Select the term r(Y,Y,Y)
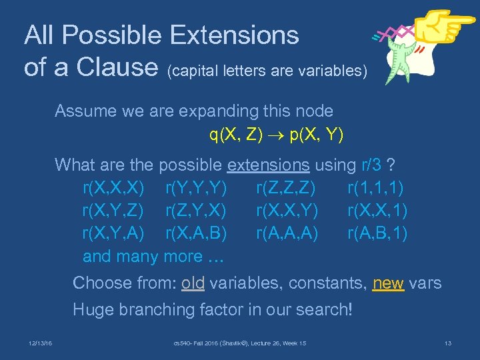click(x=196, y=188)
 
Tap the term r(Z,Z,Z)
click(x=286, y=188)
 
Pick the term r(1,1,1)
click(x=375, y=188)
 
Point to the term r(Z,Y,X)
click(x=196, y=211)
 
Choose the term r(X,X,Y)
click(x=287, y=211)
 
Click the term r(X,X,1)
click(x=377, y=211)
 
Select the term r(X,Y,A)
click(x=113, y=233)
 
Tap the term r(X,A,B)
click(x=196, y=233)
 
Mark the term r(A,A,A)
click(x=287, y=233)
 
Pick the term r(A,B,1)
click(x=377, y=233)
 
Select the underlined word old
click(x=193, y=283)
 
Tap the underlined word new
click(x=388, y=283)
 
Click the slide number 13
click(x=447, y=343)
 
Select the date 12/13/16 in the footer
click(x=41, y=343)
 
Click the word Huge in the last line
click(x=93, y=309)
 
